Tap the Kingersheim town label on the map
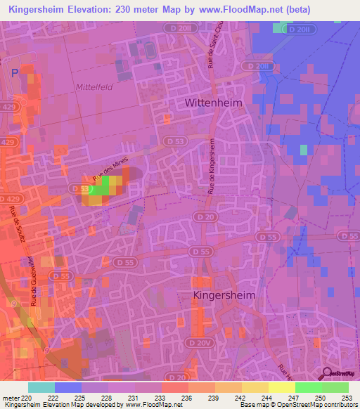point(224,296)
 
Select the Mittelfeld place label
point(93,87)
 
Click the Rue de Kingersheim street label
point(211,165)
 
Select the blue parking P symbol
point(16,73)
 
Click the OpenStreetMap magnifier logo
point(327,374)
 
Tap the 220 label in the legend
point(27,398)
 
